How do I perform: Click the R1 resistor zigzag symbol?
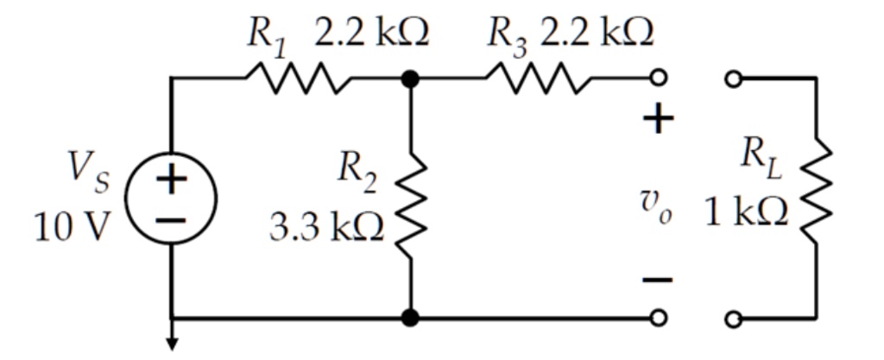[298, 79]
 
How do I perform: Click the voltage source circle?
[172, 199]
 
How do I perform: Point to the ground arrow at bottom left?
[172, 343]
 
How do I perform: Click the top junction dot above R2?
[410, 79]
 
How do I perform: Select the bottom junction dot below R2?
[410, 319]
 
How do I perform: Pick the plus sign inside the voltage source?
[172, 180]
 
